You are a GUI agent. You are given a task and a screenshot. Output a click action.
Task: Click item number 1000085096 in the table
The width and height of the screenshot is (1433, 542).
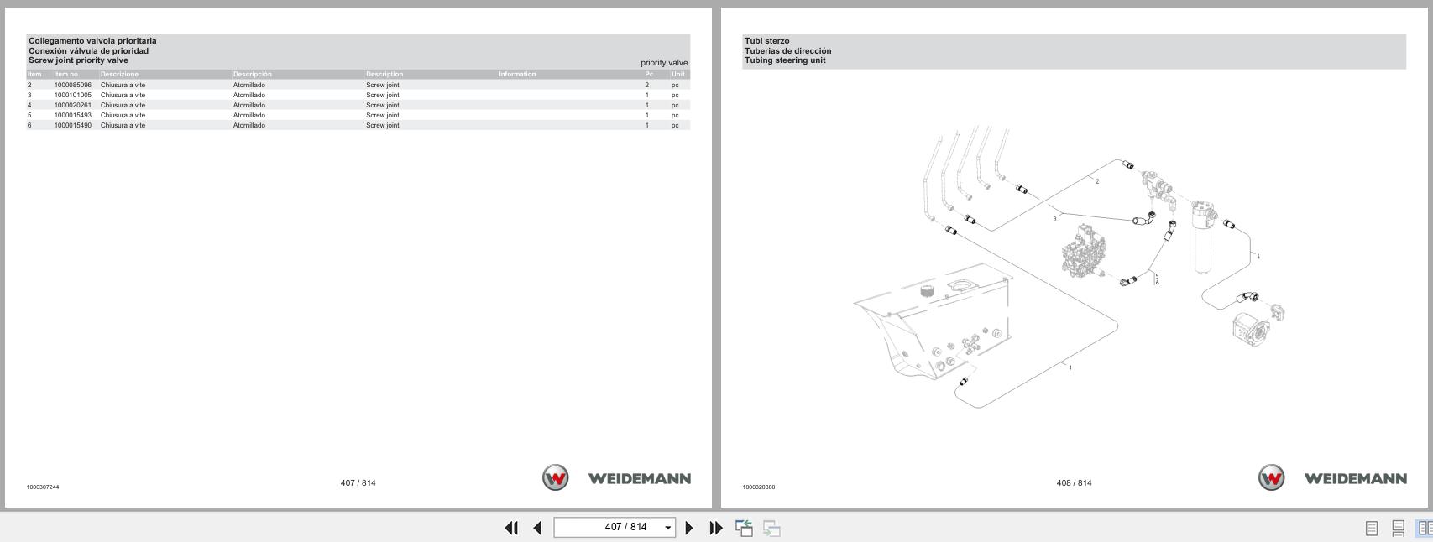[x=72, y=85]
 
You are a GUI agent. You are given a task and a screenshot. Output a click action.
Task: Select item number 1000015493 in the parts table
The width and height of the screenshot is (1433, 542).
[x=72, y=115]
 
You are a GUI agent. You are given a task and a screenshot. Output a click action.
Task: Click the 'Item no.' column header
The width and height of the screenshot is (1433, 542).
[x=66, y=74]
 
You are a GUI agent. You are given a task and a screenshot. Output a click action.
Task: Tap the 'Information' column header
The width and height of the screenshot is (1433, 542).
[x=516, y=74]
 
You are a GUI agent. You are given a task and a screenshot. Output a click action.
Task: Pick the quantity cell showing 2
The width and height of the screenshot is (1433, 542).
[x=646, y=85]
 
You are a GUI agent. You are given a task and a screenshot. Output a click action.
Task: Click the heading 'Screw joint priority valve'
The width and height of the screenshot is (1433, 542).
[x=78, y=60]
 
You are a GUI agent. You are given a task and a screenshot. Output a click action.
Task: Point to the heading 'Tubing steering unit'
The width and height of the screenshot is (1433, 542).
[x=784, y=60]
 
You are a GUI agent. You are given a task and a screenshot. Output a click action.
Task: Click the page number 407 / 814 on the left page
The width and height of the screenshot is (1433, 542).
[x=358, y=482]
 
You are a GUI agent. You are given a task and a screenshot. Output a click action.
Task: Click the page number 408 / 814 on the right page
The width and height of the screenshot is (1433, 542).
[x=1074, y=482]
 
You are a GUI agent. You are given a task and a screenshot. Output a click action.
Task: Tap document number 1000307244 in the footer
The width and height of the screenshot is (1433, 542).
[x=42, y=487]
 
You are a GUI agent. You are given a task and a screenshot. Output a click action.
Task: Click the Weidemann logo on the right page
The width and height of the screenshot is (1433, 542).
[x=1332, y=478]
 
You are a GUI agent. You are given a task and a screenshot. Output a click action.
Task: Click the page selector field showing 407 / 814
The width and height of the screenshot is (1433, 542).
[x=614, y=527]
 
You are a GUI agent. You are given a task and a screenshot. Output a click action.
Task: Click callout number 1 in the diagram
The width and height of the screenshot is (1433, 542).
[x=1070, y=367]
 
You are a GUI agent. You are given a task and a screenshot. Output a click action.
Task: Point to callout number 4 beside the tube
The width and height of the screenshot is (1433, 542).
[x=1258, y=257]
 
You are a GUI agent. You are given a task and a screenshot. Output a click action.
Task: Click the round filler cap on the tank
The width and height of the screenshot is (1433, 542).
[x=928, y=292]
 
